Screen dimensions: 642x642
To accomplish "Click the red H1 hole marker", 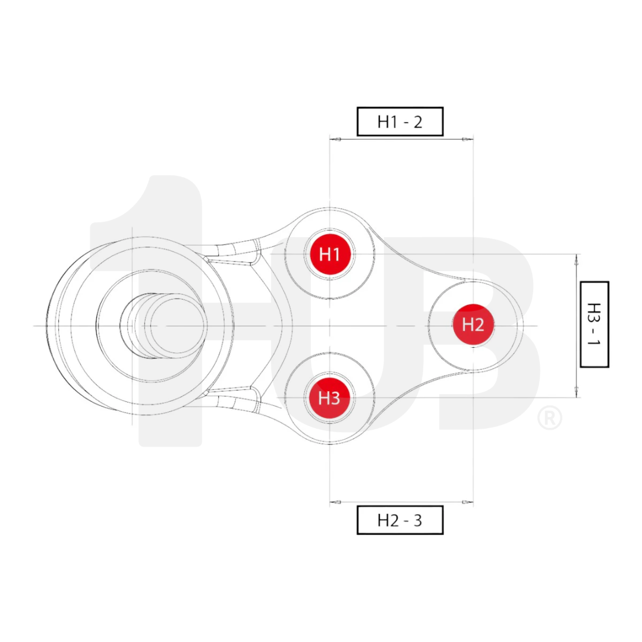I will tap(330, 254).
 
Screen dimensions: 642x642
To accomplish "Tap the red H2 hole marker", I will tap(473, 325).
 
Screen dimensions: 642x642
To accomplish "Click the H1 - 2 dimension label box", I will tap(399, 122).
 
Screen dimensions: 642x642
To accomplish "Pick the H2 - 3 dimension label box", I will tap(399, 520).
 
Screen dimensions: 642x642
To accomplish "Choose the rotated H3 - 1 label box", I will tap(594, 325).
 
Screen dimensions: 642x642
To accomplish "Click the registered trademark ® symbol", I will tap(549, 418).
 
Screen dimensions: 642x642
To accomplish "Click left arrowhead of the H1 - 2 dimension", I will tap(335, 140).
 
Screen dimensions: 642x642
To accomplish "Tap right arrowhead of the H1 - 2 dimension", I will tap(468, 140).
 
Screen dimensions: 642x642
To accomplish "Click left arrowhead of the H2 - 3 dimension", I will tap(335, 502).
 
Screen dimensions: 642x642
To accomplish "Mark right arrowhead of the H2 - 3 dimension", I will tap(468, 502).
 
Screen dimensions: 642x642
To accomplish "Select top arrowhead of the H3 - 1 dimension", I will tap(576, 259).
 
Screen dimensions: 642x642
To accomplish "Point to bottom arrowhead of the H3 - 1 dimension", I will tap(576, 392).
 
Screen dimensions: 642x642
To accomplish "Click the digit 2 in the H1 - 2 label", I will tap(417, 122).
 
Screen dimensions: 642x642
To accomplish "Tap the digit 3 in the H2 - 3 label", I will tap(417, 520).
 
